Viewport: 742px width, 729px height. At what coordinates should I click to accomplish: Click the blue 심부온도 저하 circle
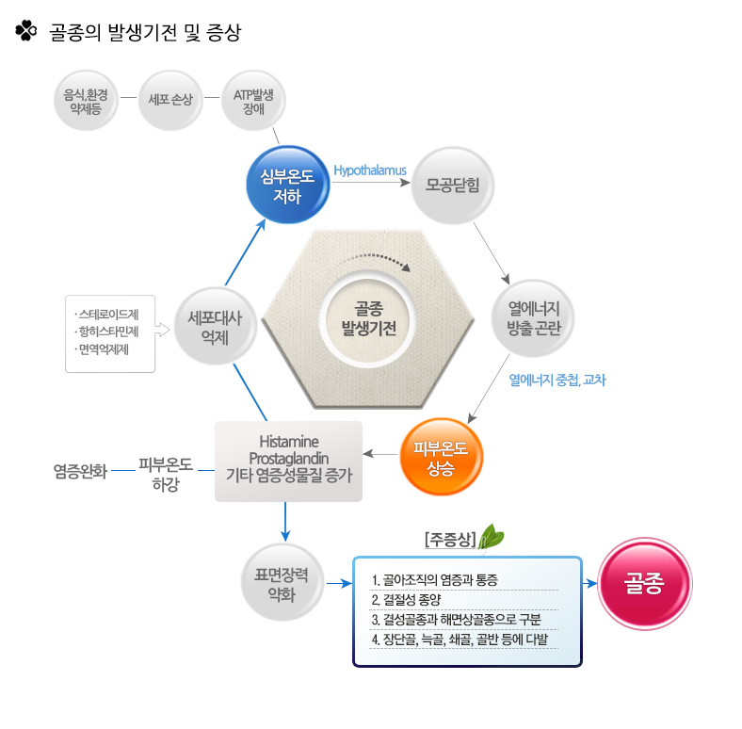point(288,185)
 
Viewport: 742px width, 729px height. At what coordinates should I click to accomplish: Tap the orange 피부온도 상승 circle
point(441,457)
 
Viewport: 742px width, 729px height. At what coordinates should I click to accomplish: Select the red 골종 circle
point(644,583)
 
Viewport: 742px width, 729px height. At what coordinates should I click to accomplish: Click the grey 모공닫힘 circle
point(452,186)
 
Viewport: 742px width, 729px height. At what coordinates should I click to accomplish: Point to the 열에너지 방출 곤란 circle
point(533,318)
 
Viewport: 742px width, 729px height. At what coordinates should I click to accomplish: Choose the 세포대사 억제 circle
point(216,326)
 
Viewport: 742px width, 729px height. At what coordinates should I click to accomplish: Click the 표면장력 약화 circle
point(282,583)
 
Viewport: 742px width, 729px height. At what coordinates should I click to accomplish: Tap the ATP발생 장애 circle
point(253,101)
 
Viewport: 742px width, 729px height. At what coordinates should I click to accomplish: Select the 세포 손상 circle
point(170,101)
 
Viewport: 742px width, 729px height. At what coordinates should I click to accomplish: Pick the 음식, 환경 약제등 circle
point(86,101)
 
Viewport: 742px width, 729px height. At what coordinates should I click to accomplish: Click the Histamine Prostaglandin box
point(289,462)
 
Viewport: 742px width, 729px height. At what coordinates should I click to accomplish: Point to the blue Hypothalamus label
point(370,170)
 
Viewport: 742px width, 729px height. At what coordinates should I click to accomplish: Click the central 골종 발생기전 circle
point(368,319)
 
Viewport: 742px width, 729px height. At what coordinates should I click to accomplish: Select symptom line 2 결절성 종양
point(406,600)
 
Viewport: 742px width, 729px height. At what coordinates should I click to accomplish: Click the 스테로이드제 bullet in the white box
point(107,315)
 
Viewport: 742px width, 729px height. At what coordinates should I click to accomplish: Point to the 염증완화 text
point(80,472)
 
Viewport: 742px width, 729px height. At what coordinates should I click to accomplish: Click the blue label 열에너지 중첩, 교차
point(557,380)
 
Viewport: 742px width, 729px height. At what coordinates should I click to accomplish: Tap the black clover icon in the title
point(26,31)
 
